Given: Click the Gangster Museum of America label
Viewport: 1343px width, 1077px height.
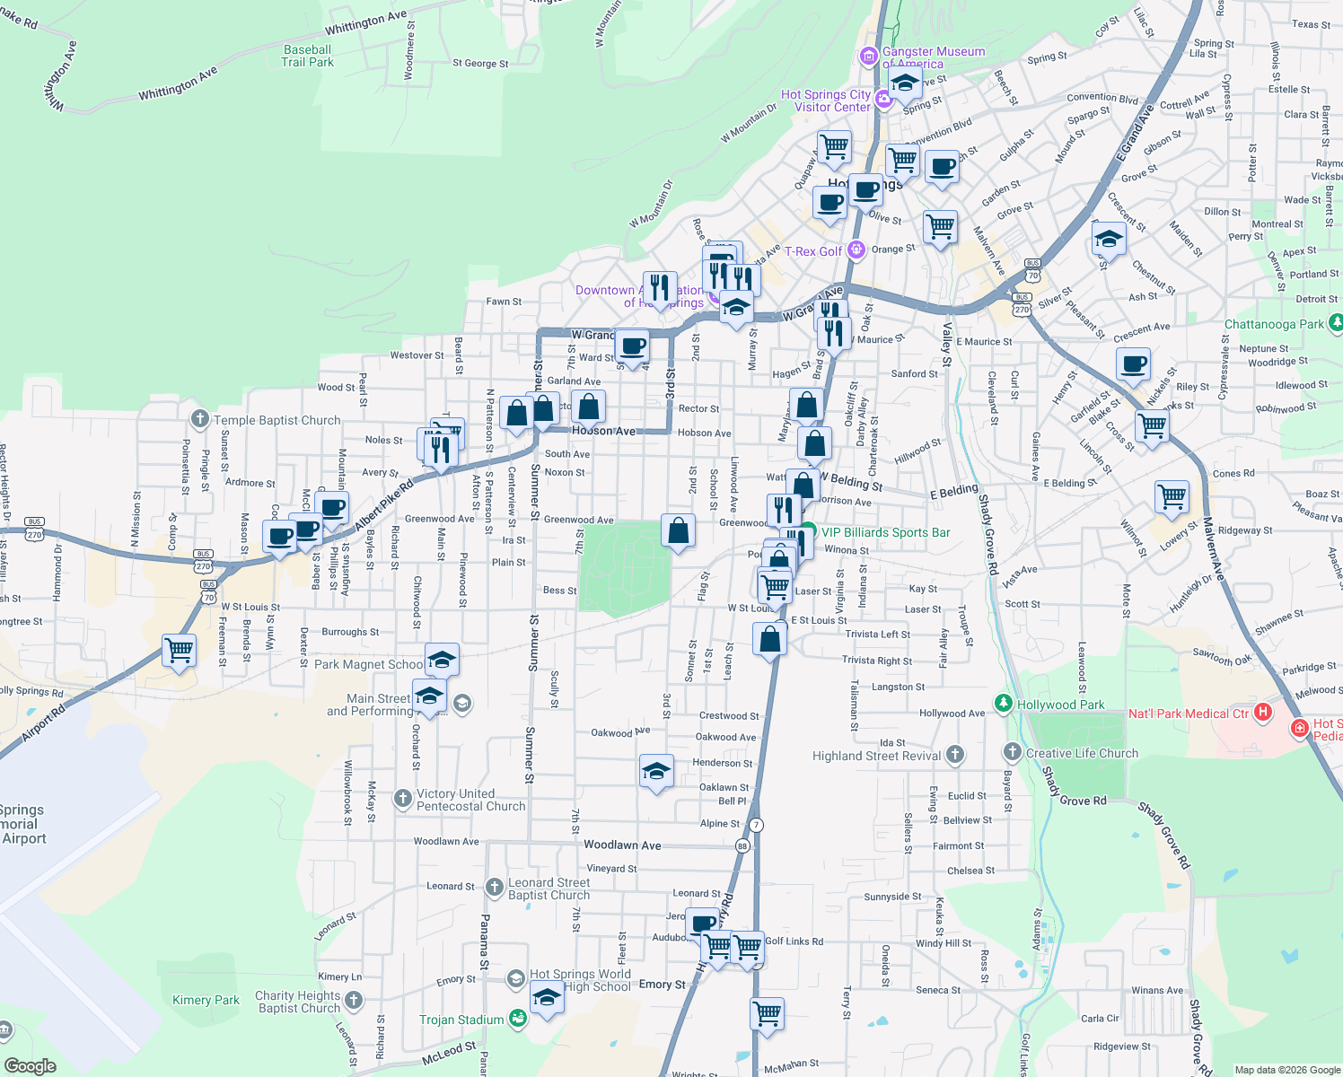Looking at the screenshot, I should click(934, 57).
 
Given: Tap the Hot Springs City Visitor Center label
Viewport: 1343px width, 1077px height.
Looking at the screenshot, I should click(826, 101).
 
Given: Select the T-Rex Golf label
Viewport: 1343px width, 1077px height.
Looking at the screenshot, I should click(813, 251).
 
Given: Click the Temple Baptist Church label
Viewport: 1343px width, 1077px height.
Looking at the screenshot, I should click(277, 420).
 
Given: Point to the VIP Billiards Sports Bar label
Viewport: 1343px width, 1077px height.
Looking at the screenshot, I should click(885, 532).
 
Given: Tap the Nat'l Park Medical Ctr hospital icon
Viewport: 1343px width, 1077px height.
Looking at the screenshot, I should click(1263, 714).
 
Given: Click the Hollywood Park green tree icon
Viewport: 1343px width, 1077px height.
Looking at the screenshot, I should click(1004, 704).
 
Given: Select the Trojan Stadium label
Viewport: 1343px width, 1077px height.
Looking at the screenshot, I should click(461, 1020).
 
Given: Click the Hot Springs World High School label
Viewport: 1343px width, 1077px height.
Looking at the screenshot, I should click(580, 980).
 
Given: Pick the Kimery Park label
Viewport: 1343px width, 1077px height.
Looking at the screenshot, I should click(206, 1000).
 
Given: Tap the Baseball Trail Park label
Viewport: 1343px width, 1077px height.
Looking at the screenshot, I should click(307, 56).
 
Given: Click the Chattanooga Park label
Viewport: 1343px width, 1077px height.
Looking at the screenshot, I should click(1274, 324).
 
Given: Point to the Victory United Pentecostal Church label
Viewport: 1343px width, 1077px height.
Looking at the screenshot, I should click(470, 800).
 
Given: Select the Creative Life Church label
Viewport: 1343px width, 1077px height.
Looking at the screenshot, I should click(1082, 753).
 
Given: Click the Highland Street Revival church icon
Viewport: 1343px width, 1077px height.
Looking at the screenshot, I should click(954, 755).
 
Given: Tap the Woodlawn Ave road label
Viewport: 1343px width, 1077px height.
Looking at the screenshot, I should click(622, 845).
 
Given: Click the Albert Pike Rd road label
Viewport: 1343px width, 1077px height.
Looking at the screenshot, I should click(384, 506).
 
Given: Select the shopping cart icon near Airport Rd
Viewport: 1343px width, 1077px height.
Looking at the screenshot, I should click(180, 649).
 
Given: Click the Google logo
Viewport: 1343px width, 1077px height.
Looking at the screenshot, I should click(31, 1065).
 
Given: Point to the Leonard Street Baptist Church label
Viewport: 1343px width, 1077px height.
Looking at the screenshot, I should click(549, 889).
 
